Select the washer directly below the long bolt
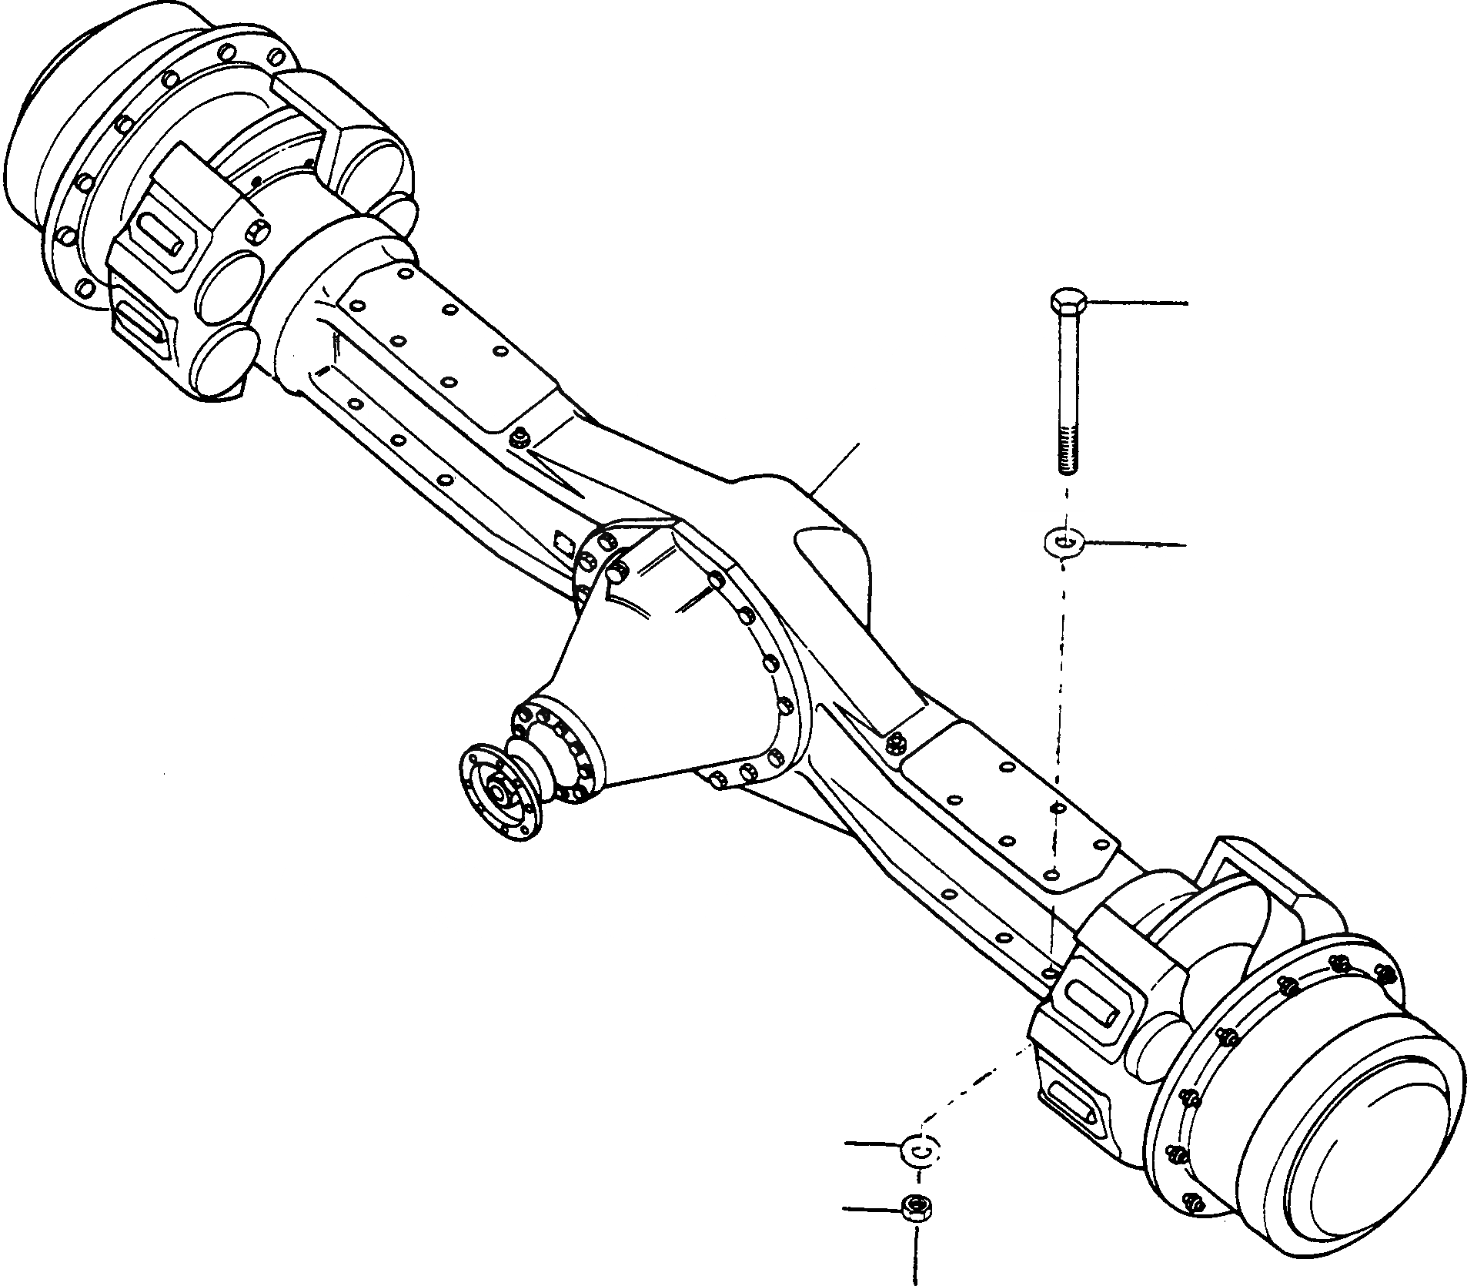1064,542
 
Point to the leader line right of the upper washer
1135,545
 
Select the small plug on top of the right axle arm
894,742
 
